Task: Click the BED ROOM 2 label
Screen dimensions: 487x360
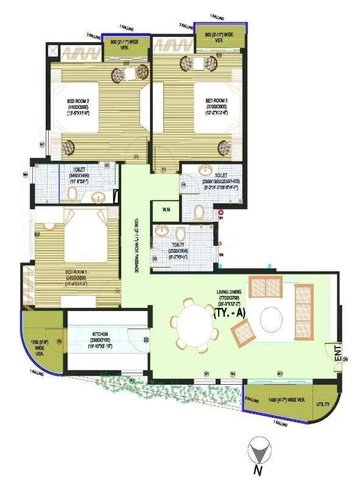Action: (78, 101)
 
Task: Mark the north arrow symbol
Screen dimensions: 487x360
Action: (258, 452)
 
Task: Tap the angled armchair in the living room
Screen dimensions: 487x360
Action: (243, 332)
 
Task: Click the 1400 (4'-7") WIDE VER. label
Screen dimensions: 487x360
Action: (281, 402)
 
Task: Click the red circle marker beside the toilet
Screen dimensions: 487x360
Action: (221, 212)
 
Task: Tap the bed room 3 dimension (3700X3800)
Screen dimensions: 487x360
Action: (216, 109)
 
